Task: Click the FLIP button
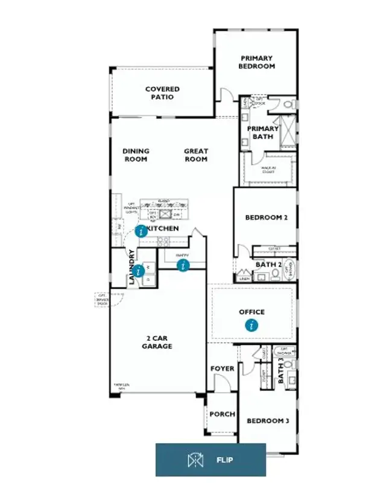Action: point(210,460)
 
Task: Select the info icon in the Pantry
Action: point(183,265)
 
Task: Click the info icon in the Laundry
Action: point(139,271)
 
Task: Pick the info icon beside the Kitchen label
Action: point(141,231)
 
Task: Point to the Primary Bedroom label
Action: point(256,62)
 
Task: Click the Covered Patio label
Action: point(162,93)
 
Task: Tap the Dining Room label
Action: point(136,155)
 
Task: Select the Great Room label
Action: point(196,155)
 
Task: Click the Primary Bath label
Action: point(263,132)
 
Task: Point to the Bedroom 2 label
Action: point(266,217)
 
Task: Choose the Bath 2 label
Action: point(267,265)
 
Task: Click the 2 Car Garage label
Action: point(157,342)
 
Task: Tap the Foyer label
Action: point(221,368)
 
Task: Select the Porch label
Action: point(222,414)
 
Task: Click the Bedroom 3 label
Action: point(268,420)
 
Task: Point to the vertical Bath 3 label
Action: point(281,371)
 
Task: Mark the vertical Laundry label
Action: point(131,267)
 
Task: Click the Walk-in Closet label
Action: point(269,169)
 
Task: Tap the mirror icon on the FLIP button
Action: point(194,460)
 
